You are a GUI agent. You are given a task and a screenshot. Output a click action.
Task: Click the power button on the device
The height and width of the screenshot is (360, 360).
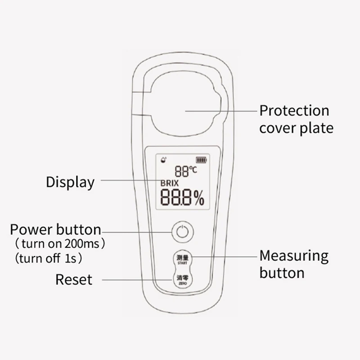click(183, 232)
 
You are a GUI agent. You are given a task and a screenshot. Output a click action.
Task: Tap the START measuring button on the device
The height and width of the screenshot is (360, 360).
click(183, 259)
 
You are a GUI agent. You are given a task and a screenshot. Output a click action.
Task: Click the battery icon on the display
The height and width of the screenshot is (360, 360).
click(201, 160)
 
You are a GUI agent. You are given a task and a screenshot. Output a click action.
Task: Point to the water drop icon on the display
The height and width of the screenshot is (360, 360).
click(163, 159)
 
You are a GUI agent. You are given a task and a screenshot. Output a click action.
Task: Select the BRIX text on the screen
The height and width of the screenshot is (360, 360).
click(170, 183)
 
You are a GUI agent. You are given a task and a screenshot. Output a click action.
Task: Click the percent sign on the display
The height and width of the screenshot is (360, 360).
click(199, 198)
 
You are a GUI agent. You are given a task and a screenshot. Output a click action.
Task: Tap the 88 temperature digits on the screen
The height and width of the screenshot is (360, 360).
click(182, 171)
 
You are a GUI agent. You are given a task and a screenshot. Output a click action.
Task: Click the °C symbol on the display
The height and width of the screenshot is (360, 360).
click(193, 170)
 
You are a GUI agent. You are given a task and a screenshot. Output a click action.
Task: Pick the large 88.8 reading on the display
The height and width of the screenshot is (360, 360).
click(175, 197)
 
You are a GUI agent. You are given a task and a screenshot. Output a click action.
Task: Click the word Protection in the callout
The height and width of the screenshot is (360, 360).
click(294, 110)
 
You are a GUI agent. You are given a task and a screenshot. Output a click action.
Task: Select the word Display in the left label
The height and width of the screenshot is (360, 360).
click(70, 182)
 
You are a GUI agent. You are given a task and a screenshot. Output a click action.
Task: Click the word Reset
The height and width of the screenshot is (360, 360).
click(74, 279)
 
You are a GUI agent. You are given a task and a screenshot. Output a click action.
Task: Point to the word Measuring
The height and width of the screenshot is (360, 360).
click(294, 256)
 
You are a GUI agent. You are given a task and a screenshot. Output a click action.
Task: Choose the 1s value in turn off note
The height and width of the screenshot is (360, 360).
click(71, 259)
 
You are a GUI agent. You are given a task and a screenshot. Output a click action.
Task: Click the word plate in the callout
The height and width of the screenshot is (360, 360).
click(317, 128)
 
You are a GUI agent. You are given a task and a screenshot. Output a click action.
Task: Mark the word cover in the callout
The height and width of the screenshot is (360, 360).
click(278, 129)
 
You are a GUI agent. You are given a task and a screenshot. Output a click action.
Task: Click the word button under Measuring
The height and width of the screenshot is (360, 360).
click(282, 273)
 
